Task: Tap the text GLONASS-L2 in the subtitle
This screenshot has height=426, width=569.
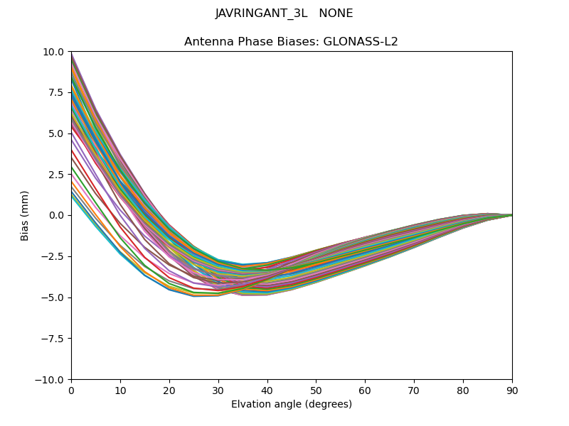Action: [x=363, y=42]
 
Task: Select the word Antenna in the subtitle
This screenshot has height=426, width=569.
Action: [x=207, y=42]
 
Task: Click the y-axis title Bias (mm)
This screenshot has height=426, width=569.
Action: [x=25, y=215]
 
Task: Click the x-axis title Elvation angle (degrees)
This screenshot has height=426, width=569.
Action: [x=292, y=404]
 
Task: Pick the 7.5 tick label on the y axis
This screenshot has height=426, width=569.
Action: [x=57, y=92]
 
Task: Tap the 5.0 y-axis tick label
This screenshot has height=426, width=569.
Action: [x=57, y=133]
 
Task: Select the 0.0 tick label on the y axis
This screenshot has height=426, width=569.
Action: [x=57, y=215]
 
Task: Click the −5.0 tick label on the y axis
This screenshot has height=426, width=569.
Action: [x=53, y=297]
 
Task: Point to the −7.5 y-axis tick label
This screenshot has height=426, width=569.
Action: [x=53, y=339]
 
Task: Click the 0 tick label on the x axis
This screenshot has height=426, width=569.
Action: [x=71, y=390]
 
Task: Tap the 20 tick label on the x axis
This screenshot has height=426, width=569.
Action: [x=169, y=390]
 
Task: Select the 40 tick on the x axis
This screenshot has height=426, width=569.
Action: [x=267, y=390]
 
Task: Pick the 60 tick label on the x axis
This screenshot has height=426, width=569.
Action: [x=365, y=390]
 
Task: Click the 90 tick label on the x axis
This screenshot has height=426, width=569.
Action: [x=512, y=390]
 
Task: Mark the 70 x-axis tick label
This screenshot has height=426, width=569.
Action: [x=414, y=390]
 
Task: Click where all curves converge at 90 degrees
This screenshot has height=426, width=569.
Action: [x=511, y=215]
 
